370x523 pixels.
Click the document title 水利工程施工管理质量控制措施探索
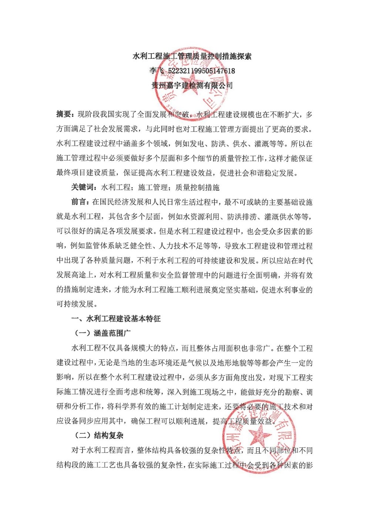point(192,56)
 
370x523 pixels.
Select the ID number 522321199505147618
point(201,71)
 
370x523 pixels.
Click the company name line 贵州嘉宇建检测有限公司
point(192,86)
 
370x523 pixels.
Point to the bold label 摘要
point(63,114)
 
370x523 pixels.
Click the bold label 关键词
point(82,187)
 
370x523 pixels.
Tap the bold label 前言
point(78,202)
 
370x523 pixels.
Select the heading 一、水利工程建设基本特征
point(116,319)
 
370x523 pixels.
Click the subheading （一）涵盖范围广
point(102,333)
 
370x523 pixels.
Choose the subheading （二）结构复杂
point(99,436)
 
